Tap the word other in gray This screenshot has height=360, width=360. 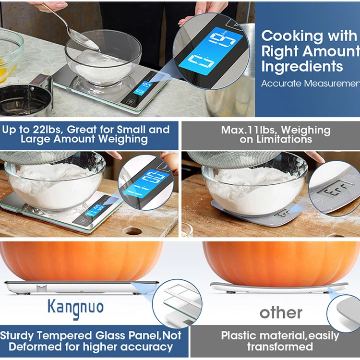click(x=281, y=312)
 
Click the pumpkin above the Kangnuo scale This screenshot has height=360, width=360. click(x=82, y=262)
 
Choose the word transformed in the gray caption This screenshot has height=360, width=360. click(x=280, y=346)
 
